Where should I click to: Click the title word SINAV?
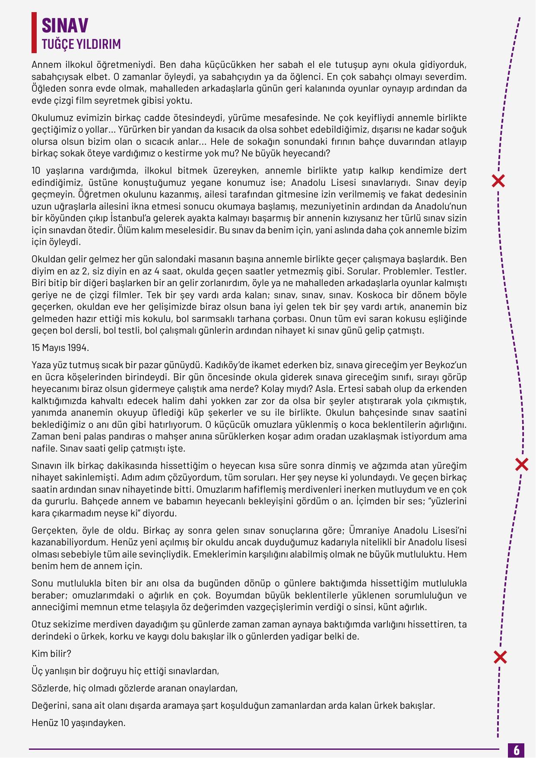[x=65, y=26]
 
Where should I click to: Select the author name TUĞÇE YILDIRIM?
[x=81, y=44]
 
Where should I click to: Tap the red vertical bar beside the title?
[x=34, y=32]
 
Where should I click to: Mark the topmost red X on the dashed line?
[x=498, y=181]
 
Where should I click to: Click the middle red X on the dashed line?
[x=522, y=465]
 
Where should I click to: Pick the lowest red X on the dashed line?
[x=500, y=657]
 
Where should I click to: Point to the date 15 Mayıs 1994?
[x=60, y=347]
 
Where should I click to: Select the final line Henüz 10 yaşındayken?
[x=78, y=723]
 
